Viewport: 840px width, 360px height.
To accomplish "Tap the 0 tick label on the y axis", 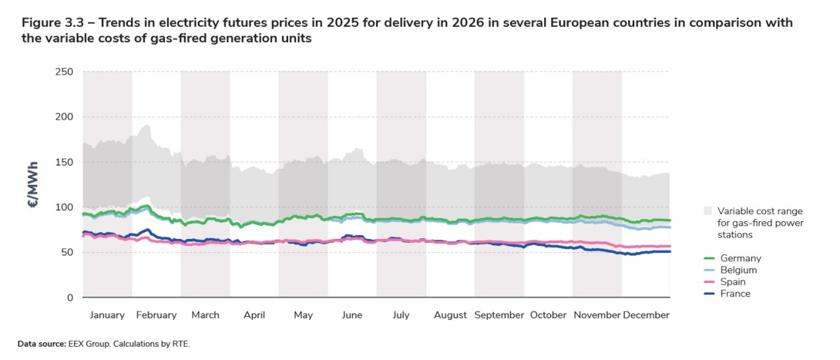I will tap(69, 298).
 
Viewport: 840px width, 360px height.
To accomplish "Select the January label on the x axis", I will tap(107, 315).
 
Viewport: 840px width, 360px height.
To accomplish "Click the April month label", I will tap(254, 315).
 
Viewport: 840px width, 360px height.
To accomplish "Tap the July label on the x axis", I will tap(401, 315).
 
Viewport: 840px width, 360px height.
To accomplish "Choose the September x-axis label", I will tap(499, 315).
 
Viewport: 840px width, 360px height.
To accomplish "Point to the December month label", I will tap(646, 315).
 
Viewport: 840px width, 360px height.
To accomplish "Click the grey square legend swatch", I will tap(707, 210).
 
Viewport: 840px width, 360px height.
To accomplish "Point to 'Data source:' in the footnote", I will tap(39, 344).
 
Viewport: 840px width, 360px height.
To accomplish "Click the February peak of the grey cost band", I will tap(146, 126).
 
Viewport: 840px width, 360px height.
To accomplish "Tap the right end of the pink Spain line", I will tap(670, 246).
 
